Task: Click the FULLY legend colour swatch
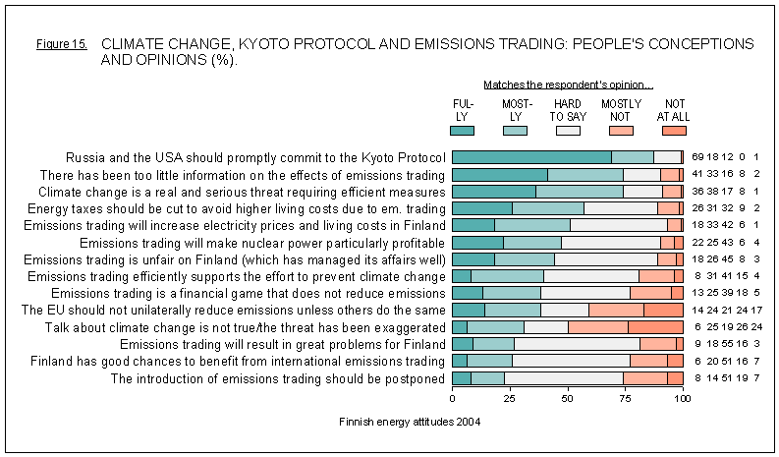pyautogui.click(x=462, y=130)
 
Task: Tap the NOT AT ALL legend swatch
pyautogui.click(x=674, y=130)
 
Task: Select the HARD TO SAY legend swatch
pyautogui.click(x=568, y=130)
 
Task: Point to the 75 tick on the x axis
pyautogui.click(x=625, y=400)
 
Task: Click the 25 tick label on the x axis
pyautogui.click(x=510, y=400)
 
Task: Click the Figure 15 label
pyautogui.click(x=62, y=45)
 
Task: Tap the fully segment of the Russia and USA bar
pyautogui.click(x=531, y=156)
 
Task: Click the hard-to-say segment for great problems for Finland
pyautogui.click(x=577, y=344)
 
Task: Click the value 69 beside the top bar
pyautogui.click(x=698, y=157)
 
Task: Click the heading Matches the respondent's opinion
pyautogui.click(x=569, y=86)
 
